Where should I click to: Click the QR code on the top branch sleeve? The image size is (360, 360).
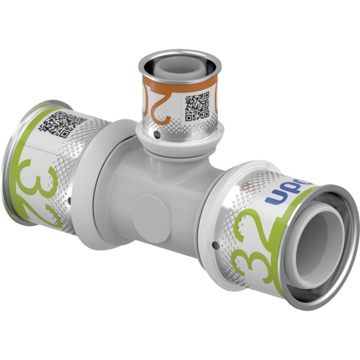(x=197, y=106)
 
